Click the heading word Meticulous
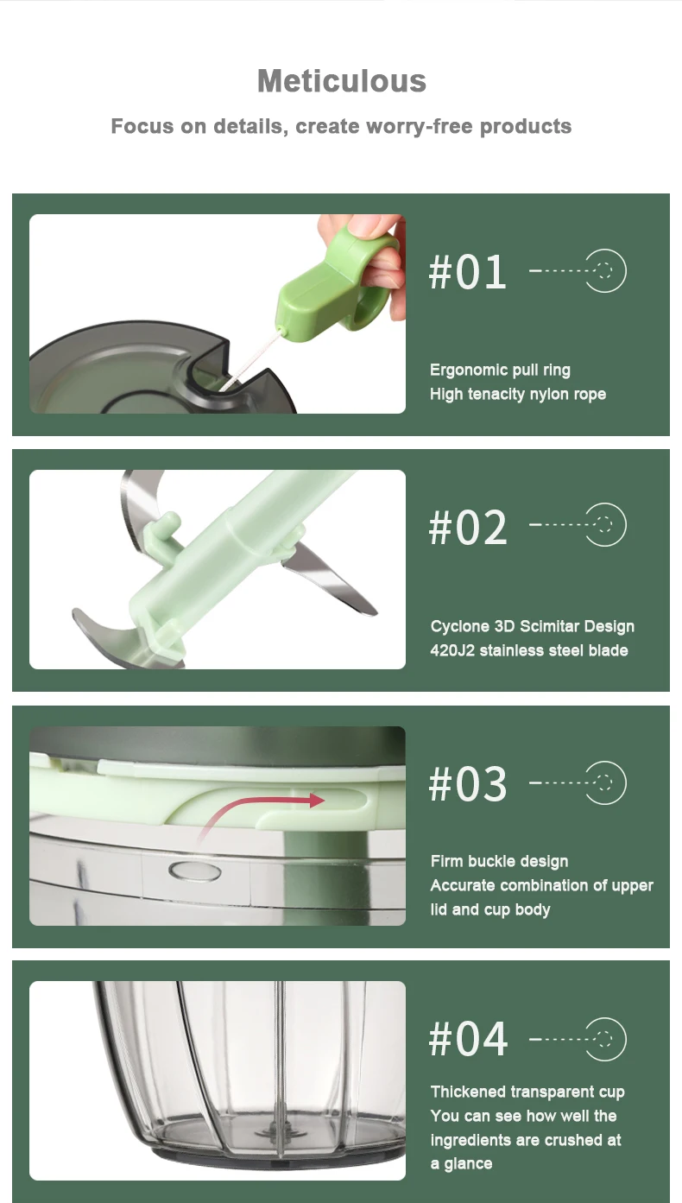tap(342, 81)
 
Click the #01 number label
tap(467, 272)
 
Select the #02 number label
tap(467, 527)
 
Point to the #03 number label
tap(467, 784)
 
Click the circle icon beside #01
tap(605, 270)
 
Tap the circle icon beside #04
tap(605, 1039)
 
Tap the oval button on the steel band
tap(194, 871)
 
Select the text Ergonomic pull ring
tap(500, 370)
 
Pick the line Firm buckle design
tap(499, 861)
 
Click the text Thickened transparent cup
tap(527, 1092)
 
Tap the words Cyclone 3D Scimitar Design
tap(532, 626)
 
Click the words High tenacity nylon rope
tap(518, 394)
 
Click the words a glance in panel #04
tap(461, 1164)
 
